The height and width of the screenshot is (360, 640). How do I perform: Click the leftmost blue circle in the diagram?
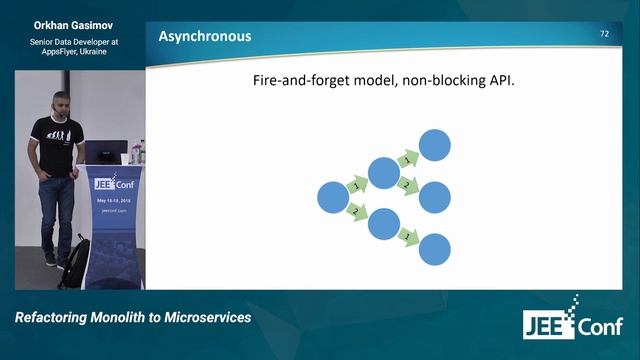tap(333, 198)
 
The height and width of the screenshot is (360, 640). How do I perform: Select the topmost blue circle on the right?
tap(435, 146)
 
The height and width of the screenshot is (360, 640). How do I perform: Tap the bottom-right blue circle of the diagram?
tap(435, 249)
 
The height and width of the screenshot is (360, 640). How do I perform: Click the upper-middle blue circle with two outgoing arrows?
tap(384, 172)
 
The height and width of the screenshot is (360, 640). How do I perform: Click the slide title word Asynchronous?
tap(205, 37)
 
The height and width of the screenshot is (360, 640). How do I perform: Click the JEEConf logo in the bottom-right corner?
tap(572, 322)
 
